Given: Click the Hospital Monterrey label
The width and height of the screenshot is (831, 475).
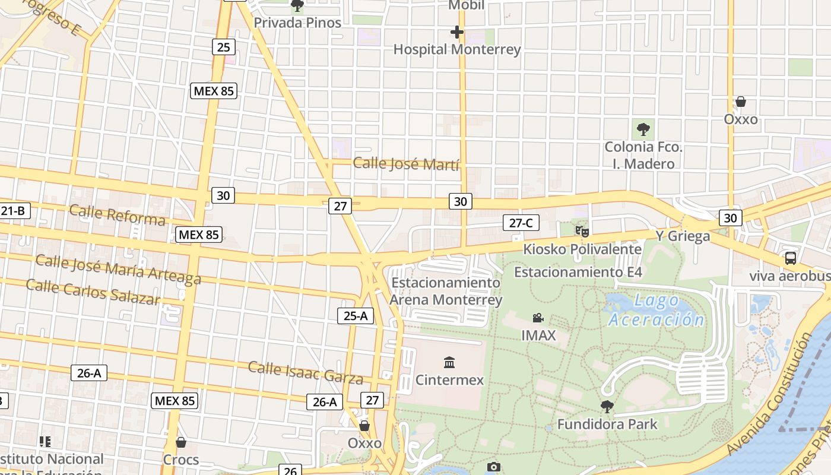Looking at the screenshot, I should click(457, 49).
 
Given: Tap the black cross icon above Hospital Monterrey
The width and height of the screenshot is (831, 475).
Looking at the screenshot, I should click(456, 31).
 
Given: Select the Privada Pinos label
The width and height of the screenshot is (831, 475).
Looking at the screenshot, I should click(297, 23).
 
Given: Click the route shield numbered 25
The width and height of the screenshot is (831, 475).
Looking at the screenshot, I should click(223, 46).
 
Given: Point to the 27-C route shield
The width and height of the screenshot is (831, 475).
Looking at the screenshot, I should click(521, 223).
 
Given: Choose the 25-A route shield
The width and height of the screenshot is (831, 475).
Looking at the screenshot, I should click(355, 316).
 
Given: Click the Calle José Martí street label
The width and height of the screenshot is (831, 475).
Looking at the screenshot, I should click(406, 163).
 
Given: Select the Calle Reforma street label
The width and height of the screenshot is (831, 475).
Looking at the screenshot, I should click(117, 215).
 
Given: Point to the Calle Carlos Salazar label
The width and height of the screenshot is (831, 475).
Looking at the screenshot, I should click(93, 290).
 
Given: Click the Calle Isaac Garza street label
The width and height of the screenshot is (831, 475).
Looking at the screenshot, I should click(305, 372).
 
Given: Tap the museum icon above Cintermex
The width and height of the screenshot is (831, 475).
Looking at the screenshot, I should click(449, 362).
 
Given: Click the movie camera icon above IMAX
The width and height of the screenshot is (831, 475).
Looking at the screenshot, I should click(538, 318).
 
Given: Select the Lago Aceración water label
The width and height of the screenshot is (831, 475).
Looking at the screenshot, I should click(656, 309).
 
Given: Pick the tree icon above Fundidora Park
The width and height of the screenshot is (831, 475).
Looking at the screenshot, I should click(607, 407).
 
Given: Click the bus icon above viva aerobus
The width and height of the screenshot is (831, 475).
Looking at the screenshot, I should click(790, 258).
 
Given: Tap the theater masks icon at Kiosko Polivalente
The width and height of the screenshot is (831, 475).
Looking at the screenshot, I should click(581, 230).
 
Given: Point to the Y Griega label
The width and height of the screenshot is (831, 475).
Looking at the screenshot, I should click(683, 236).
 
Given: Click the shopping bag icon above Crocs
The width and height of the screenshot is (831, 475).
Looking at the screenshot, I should click(181, 442).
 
